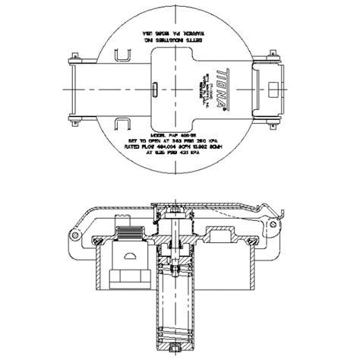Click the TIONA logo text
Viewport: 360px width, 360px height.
pyautogui.click(x=221, y=87)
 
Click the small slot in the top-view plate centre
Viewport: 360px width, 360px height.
pyautogui.click(x=154, y=87)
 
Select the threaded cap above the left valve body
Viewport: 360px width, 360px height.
pyautogui.click(x=128, y=227)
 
